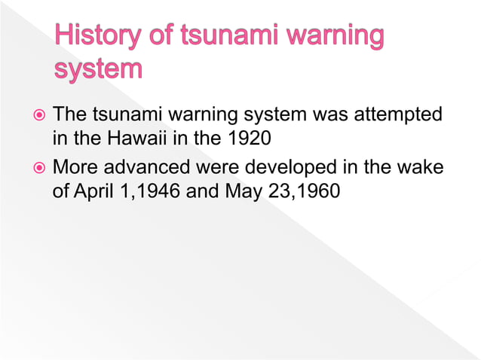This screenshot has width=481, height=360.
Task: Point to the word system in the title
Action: point(98,69)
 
